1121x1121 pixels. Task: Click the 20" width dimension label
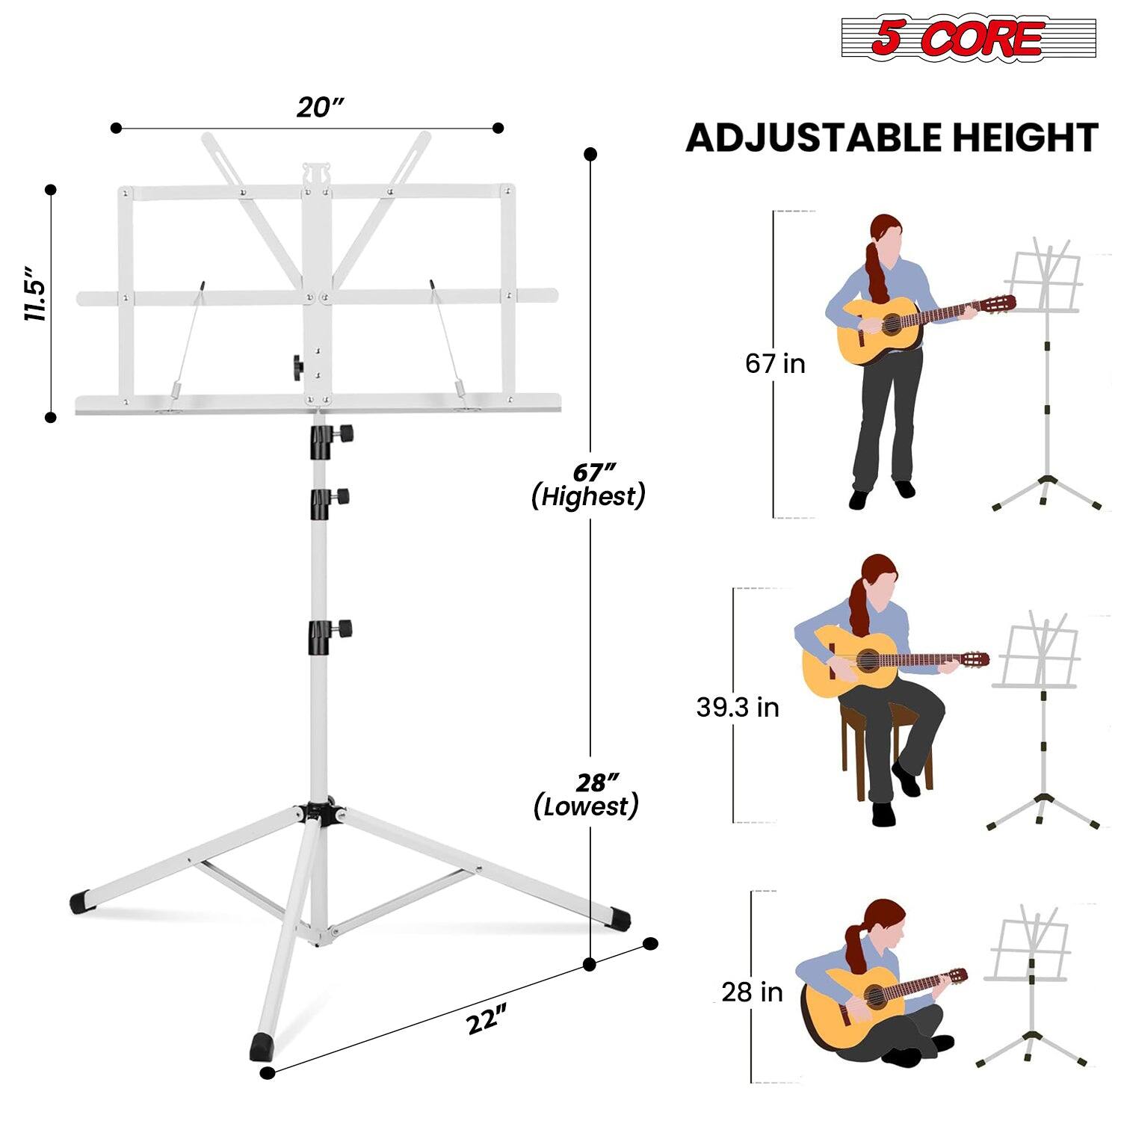(319, 107)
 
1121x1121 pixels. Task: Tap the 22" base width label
(487, 1020)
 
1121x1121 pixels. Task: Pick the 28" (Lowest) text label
(587, 796)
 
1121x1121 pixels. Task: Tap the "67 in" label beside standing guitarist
(775, 364)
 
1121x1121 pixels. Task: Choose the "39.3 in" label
(738, 707)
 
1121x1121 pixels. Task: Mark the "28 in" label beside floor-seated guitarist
(752, 992)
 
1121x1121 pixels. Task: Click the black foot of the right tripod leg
(617, 917)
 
